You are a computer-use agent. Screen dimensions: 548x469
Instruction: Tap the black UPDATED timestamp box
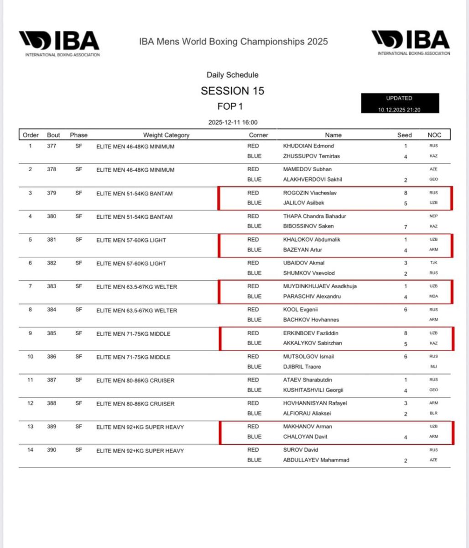[400, 104]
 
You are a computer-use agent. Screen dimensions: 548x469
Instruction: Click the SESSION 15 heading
[232, 91]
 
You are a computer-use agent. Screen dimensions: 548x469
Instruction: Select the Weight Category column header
[166, 135]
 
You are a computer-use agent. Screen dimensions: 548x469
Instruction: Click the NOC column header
[434, 135]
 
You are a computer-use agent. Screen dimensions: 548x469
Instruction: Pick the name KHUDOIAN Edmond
[308, 146]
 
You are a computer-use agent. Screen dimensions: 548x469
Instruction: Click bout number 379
[52, 193]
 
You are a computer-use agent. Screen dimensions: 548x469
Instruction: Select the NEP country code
[433, 216]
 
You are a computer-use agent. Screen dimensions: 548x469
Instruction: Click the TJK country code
[433, 263]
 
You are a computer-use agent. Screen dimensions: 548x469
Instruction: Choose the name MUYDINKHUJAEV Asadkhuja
[320, 286]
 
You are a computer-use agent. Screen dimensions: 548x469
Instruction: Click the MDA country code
[433, 296]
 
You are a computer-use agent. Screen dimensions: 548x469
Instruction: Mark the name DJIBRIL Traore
[302, 367]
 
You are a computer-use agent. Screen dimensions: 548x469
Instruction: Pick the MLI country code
[433, 367]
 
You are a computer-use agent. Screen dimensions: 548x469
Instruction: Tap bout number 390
[52, 450]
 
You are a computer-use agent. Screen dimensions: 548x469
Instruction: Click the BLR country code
[433, 413]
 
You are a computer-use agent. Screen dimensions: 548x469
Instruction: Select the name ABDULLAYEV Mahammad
[316, 460]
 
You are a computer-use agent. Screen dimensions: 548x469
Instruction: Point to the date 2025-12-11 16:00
[232, 122]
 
